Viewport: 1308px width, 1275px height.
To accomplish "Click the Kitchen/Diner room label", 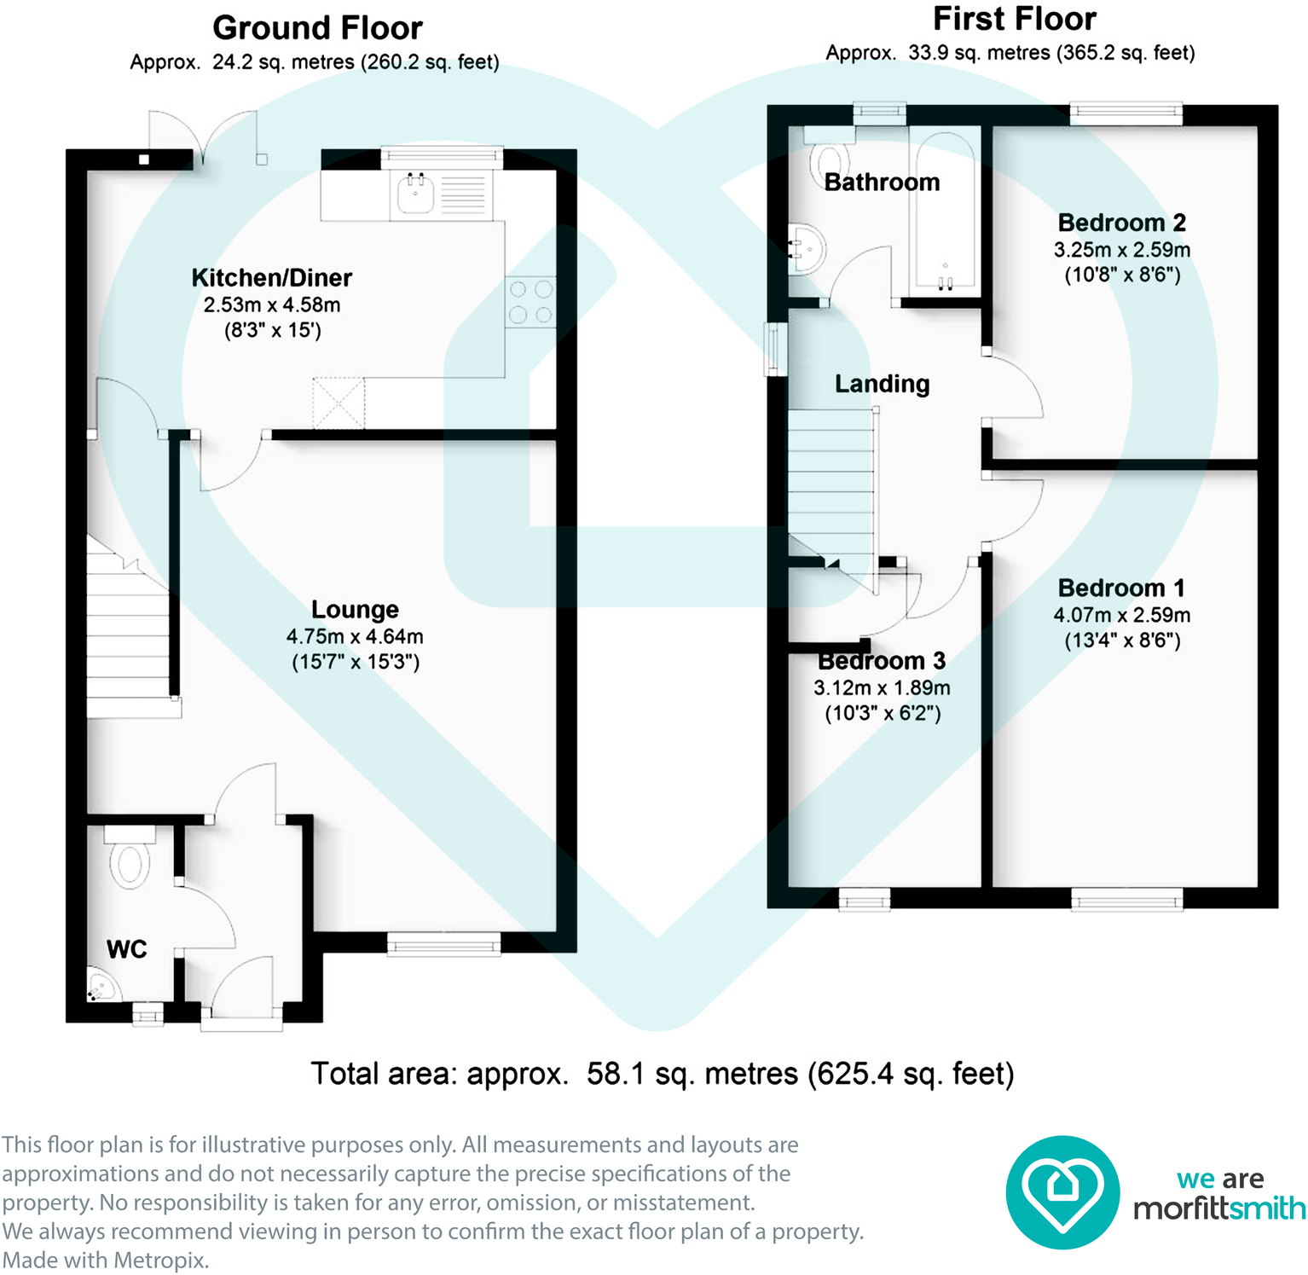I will click(x=271, y=278).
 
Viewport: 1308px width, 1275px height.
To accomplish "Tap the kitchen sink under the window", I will click(x=416, y=194).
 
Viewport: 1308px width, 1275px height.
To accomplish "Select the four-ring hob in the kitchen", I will click(x=530, y=302).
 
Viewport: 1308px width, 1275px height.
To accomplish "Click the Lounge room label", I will click(x=355, y=610).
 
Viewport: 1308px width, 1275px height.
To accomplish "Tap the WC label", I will click(x=126, y=949).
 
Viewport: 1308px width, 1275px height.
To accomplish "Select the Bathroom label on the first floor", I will click(x=882, y=183).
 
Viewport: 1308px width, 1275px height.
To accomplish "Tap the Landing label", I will click(x=882, y=384).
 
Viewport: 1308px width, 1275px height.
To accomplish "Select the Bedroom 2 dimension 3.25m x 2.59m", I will click(x=1121, y=250).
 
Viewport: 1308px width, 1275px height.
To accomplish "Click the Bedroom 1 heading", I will click(x=1121, y=588).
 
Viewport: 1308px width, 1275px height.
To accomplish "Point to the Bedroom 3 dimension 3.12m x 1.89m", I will click(x=882, y=688).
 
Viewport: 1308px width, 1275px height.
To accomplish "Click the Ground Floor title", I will click(x=317, y=28).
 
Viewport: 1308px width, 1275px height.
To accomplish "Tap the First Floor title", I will click(x=1014, y=19).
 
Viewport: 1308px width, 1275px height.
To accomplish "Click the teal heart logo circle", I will click(x=1062, y=1192).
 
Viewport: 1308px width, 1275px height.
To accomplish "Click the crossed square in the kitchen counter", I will click(x=339, y=403).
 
